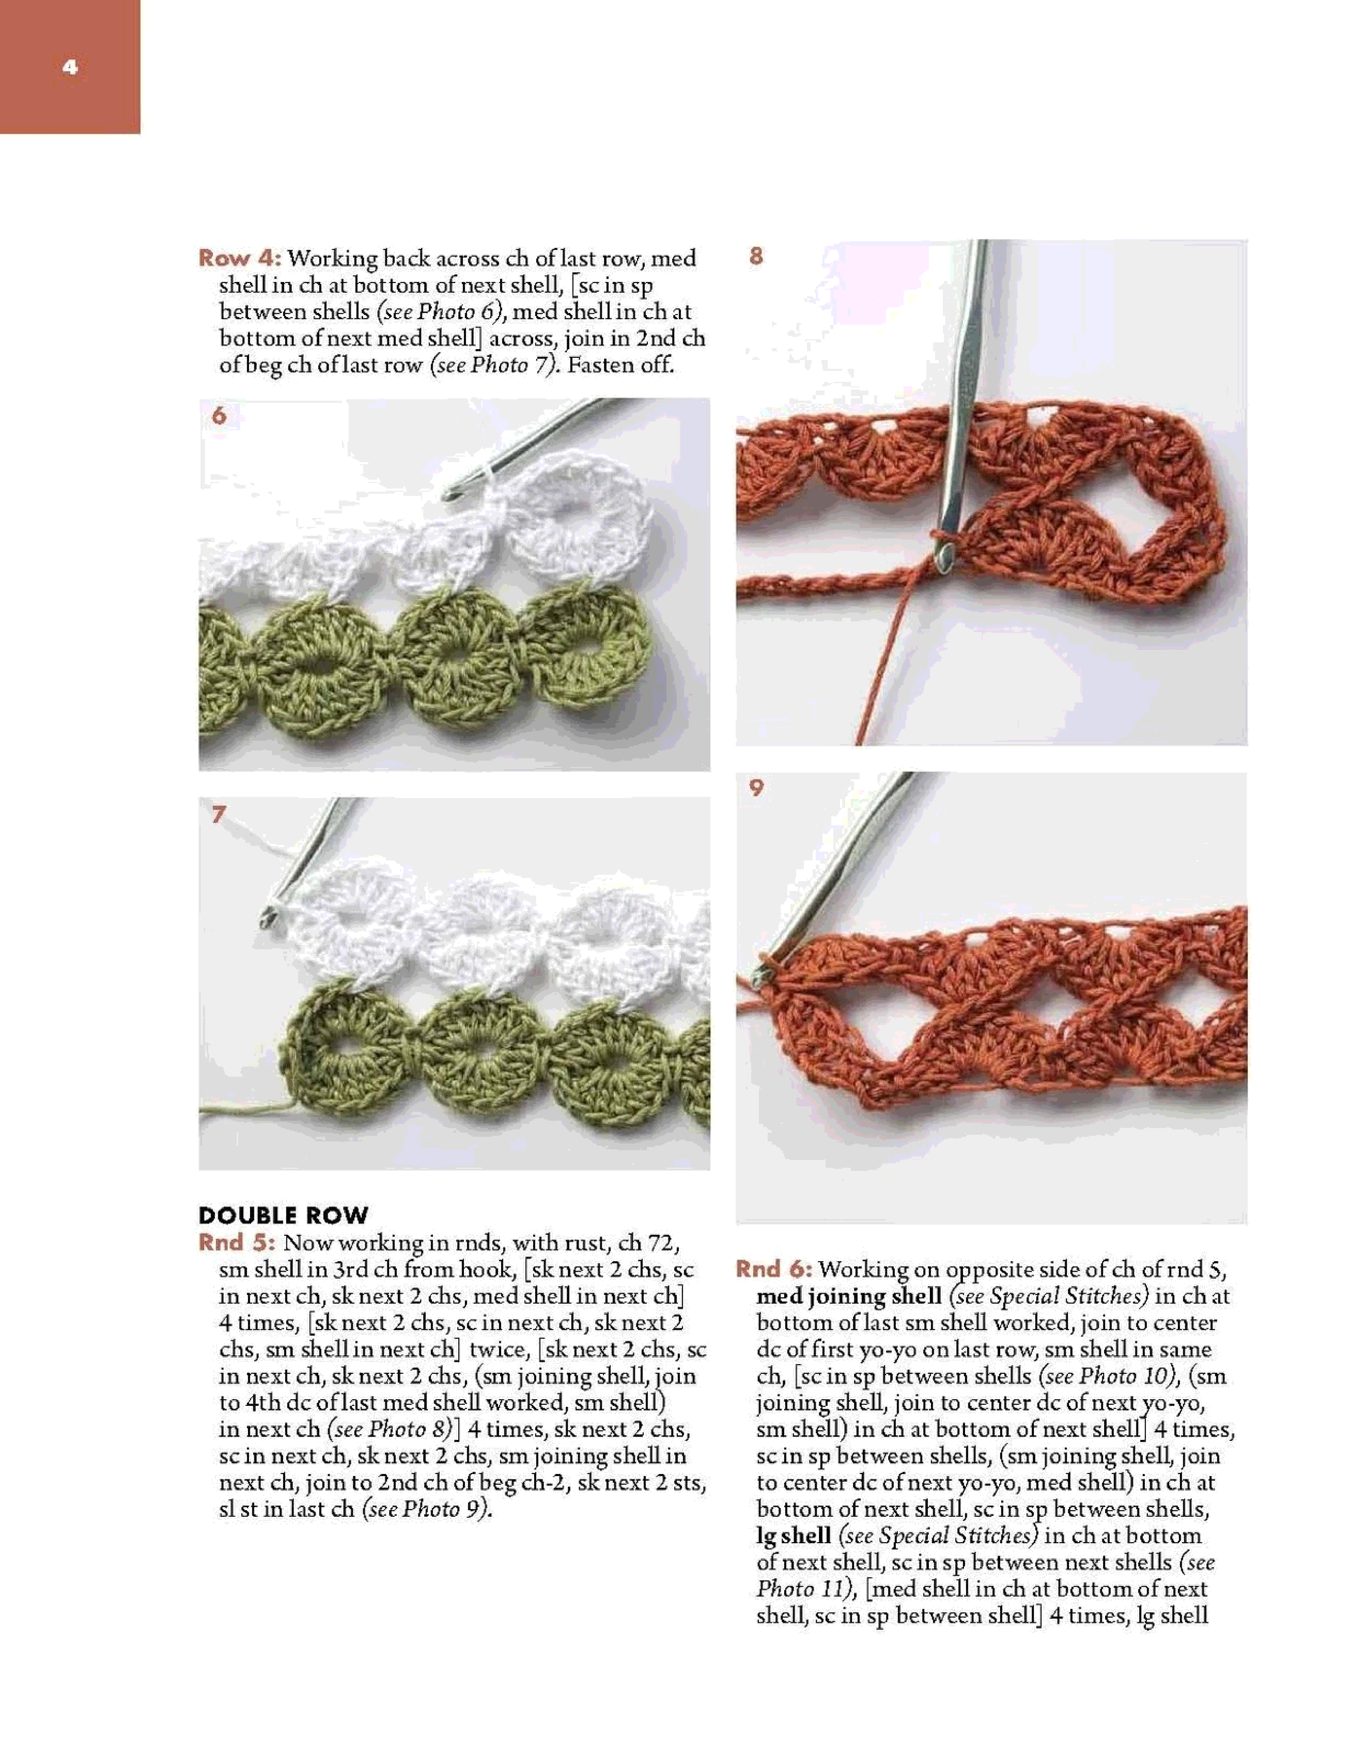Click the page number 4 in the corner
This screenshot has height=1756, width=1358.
pyautogui.click(x=70, y=67)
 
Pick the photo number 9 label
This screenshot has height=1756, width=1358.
pyautogui.click(x=756, y=788)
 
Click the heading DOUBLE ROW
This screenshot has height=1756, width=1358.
pyautogui.click(x=283, y=1215)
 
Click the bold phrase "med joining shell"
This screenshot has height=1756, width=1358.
pyautogui.click(x=848, y=1296)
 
